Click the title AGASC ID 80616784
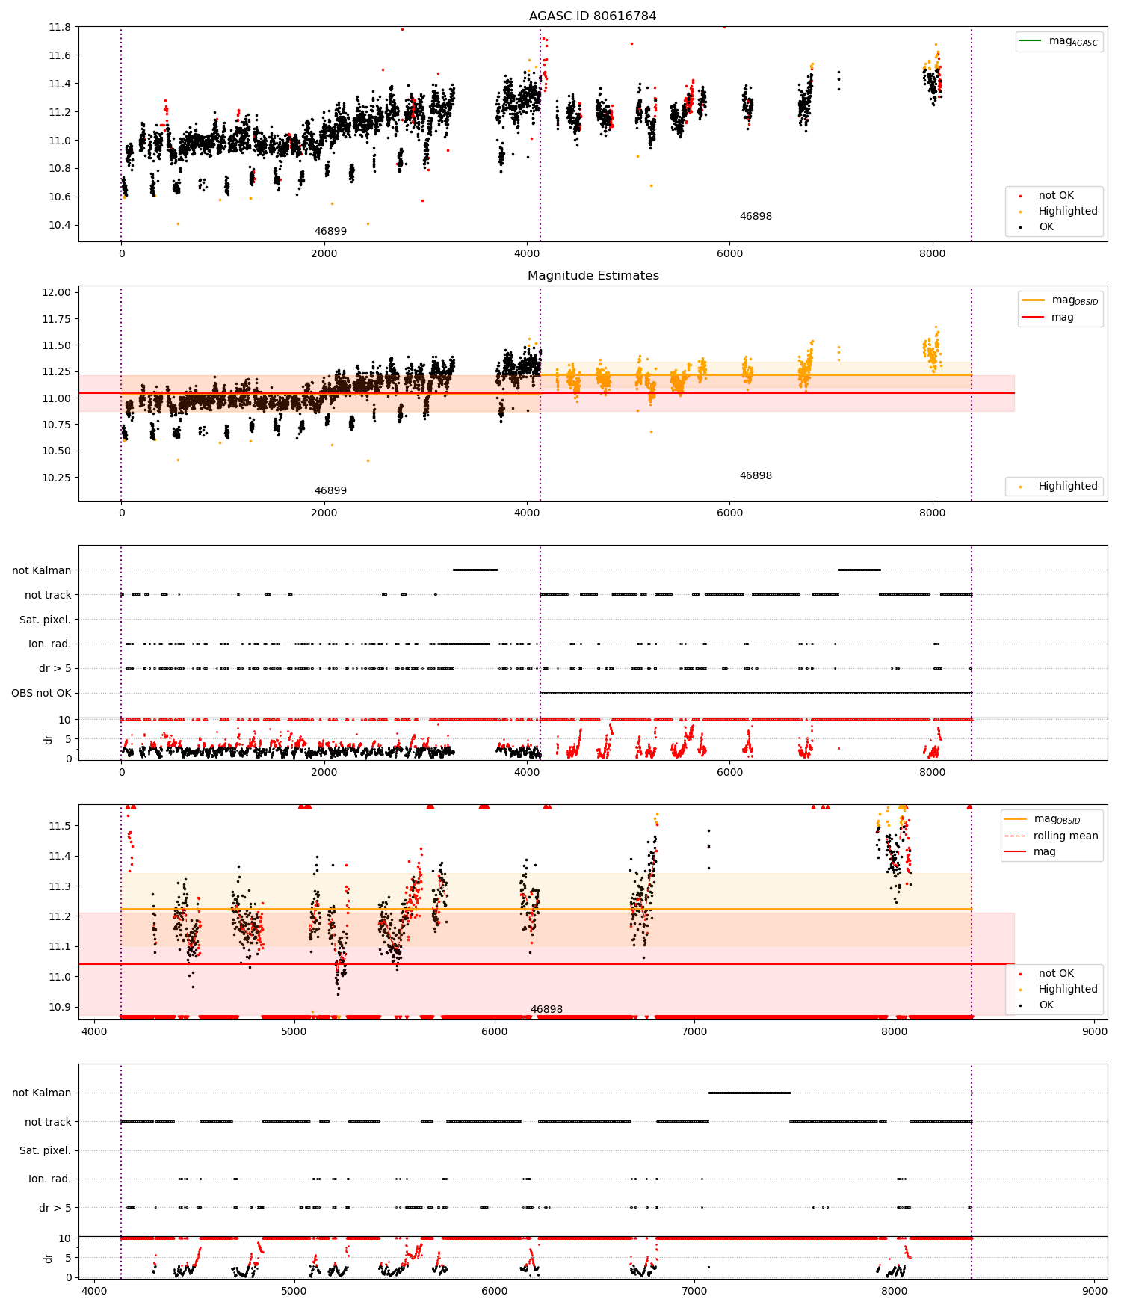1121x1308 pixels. point(593,16)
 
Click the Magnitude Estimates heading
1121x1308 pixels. point(593,275)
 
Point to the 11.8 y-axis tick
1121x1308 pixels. point(60,27)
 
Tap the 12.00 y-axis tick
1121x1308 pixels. point(58,292)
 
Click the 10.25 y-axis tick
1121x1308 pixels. point(58,478)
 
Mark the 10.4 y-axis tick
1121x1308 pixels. point(60,225)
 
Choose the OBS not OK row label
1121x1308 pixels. point(41,693)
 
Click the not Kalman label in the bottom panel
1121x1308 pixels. point(41,1093)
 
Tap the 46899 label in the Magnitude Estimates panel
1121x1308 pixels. point(330,490)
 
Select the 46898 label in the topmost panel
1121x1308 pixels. point(756,216)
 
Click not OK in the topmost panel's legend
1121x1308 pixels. point(1055,195)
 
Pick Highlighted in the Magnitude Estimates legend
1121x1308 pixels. point(1067,486)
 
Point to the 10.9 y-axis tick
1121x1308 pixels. point(60,1007)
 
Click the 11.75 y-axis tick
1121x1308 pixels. point(58,319)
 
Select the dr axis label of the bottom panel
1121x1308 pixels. point(49,1258)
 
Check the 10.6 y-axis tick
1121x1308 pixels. point(60,197)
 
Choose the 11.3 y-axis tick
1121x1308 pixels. point(60,886)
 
